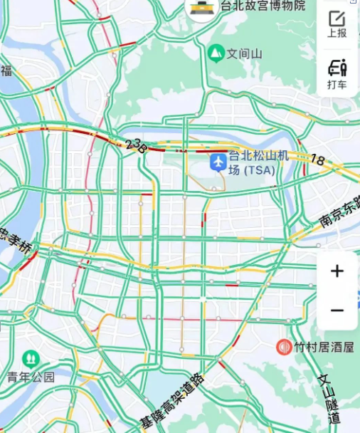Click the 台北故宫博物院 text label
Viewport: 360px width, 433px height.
pos(263,6)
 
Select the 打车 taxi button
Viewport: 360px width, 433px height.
pos(337,74)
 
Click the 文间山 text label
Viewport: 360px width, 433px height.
pos(245,53)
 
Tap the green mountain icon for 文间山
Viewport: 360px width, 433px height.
pos(216,53)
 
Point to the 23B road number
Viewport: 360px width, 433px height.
pos(135,146)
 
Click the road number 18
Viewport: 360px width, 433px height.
pos(317,161)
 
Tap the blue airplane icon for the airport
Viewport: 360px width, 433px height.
pos(218,162)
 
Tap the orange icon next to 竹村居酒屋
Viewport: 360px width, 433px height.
pos(285,347)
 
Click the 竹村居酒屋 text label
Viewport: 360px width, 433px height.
pos(321,348)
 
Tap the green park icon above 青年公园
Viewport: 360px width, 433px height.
pos(31,358)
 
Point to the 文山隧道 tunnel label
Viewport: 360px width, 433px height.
pos(330,399)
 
